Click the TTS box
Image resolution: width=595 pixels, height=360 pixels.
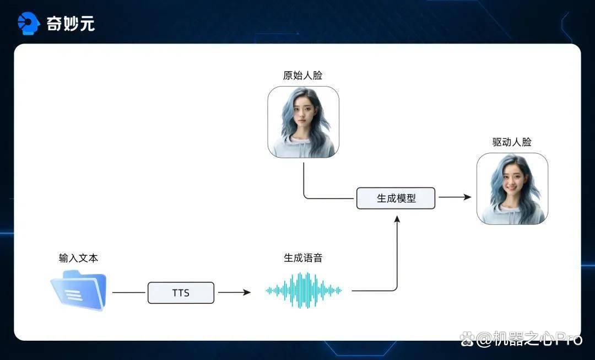click(181, 293)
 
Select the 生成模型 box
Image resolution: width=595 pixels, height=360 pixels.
click(396, 198)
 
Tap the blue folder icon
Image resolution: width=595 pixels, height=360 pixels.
click(79, 290)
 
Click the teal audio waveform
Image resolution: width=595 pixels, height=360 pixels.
click(304, 291)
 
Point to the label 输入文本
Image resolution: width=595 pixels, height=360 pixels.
click(79, 258)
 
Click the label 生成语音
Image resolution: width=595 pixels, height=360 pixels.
click(303, 258)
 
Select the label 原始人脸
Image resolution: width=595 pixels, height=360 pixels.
click(302, 75)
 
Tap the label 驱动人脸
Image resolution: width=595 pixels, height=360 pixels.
click(512, 142)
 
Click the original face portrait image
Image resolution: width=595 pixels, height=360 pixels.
click(303, 122)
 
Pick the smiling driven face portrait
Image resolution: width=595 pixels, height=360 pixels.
click(512, 189)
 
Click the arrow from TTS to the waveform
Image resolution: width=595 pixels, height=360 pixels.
click(235, 292)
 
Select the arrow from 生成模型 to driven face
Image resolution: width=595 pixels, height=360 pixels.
click(455, 197)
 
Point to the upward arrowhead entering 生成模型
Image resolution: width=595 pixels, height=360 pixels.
click(397, 219)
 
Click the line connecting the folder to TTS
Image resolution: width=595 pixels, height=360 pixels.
click(128, 293)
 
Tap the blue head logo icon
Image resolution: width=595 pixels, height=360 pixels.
click(29, 23)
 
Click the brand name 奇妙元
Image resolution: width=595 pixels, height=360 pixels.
click(71, 24)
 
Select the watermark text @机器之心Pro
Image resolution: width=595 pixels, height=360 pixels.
click(529, 338)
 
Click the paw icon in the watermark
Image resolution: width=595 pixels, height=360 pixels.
click(467, 338)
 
